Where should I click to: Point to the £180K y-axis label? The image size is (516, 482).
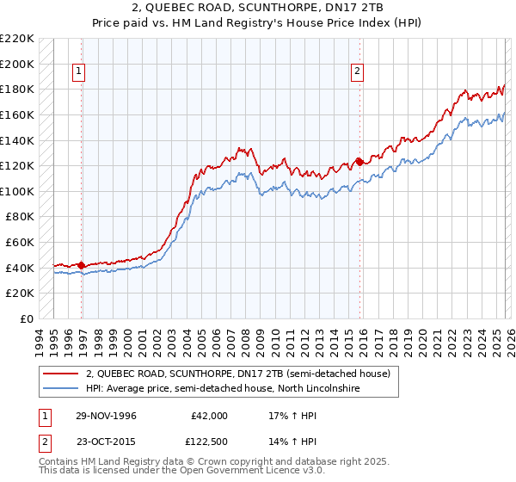(x=17, y=89)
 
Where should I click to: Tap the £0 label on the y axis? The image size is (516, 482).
(x=26, y=318)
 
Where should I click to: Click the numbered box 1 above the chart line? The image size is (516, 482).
(x=79, y=72)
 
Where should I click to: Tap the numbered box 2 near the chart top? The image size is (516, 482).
(x=357, y=72)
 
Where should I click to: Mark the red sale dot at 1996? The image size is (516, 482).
(x=82, y=265)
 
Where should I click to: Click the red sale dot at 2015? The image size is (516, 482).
(x=359, y=162)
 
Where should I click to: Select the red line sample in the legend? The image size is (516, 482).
(x=59, y=374)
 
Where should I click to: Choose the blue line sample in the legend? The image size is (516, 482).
(x=59, y=389)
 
